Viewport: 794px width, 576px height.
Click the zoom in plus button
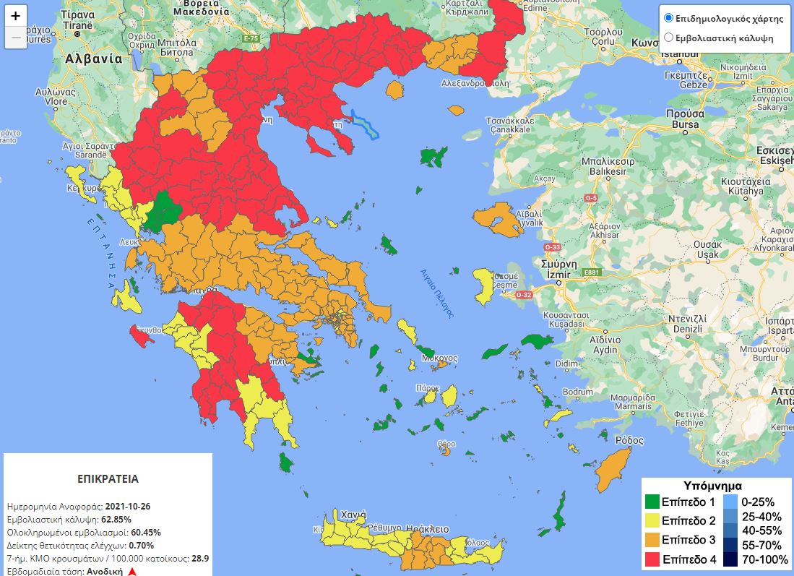[16, 15]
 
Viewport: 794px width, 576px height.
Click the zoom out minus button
[16, 38]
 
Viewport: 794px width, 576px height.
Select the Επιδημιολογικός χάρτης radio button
[668, 18]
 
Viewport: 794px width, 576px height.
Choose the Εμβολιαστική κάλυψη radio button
[668, 38]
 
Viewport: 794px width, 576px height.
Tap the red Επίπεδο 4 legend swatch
[652, 559]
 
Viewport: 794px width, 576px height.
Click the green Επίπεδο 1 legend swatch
[652, 502]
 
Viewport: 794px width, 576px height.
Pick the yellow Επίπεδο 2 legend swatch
[652, 520]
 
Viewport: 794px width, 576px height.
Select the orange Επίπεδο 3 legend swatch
[652, 540]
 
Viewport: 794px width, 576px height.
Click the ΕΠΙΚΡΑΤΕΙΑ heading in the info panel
[108, 478]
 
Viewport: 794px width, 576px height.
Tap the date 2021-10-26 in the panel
[127, 506]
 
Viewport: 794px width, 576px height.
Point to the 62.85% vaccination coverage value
[116, 519]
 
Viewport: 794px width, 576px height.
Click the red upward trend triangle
[132, 571]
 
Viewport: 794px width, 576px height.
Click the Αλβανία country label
[93, 59]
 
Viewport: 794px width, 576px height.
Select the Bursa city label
[685, 124]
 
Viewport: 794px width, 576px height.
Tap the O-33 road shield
[553, 247]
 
